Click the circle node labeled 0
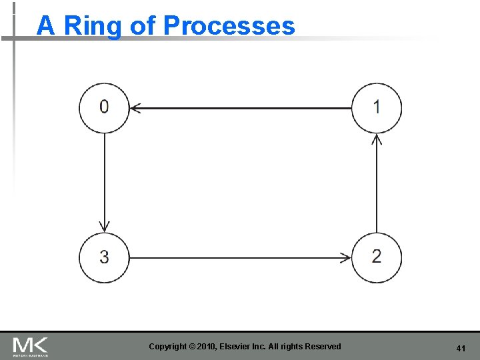coord(104,107)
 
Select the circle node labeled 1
coord(377,107)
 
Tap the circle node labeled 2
coord(377,257)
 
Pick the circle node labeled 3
coord(104,257)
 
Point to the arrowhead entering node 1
coord(377,138)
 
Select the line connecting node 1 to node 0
coord(240,107)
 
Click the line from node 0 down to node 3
coord(104,180)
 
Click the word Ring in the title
coord(93,26)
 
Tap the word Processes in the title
coord(229,26)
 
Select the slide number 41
coord(460,349)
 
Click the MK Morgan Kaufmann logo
coord(30,347)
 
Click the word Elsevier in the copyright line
coord(246,346)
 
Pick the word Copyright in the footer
coord(168,346)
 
